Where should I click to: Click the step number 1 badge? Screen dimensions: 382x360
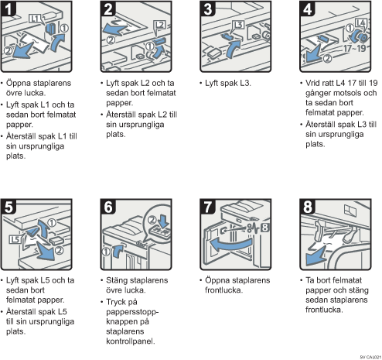9,9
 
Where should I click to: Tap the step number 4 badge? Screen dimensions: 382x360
308,9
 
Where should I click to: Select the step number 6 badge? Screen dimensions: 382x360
108,207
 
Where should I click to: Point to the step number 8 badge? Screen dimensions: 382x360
308,207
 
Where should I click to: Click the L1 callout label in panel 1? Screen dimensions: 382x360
35,19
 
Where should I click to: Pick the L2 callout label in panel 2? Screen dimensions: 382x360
160,26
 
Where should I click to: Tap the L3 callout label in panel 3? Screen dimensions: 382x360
239,25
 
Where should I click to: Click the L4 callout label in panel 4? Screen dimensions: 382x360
360,23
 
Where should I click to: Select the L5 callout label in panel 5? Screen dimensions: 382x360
15,239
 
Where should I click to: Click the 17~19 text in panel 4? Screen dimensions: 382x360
355,48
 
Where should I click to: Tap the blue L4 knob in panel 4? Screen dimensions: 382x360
360,37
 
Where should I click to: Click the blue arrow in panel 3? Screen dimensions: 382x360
233,48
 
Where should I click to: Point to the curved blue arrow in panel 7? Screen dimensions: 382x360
230,245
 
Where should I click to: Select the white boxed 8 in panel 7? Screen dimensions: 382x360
265,228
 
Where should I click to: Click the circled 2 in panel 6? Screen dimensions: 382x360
152,220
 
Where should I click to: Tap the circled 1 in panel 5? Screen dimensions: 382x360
52,222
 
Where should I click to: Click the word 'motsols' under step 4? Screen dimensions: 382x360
347,93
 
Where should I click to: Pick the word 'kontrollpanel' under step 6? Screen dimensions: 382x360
130,341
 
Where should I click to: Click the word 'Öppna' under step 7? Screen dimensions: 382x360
216,280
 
